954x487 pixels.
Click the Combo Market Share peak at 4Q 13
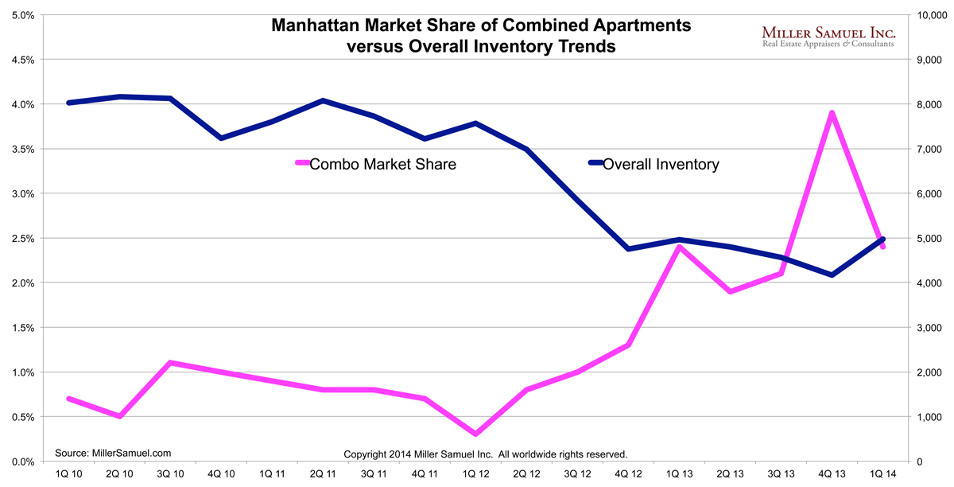(832, 113)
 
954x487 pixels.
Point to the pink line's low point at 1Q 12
(475, 434)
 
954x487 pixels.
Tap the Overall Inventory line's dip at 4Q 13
(832, 275)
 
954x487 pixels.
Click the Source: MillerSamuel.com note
(113, 453)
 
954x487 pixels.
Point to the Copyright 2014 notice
(486, 454)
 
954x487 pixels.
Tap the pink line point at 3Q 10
(171, 363)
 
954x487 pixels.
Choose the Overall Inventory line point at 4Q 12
(628, 249)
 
